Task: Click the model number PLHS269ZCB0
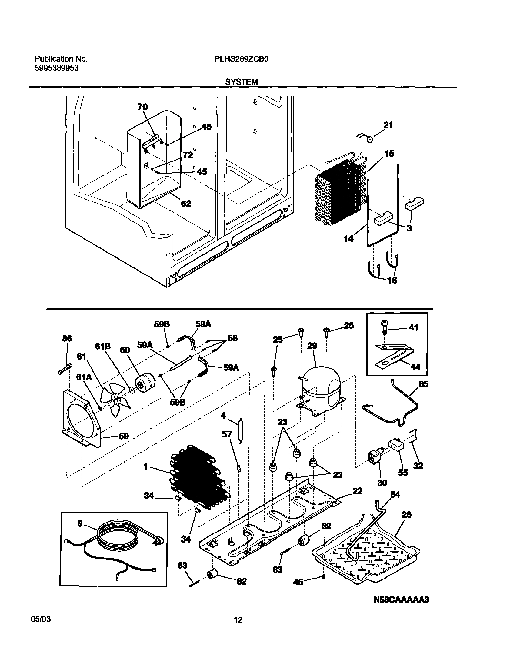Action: tap(242, 59)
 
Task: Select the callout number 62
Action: tap(186, 203)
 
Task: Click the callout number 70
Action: tap(142, 107)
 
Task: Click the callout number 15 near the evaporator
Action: tap(389, 154)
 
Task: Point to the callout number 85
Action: tap(424, 385)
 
